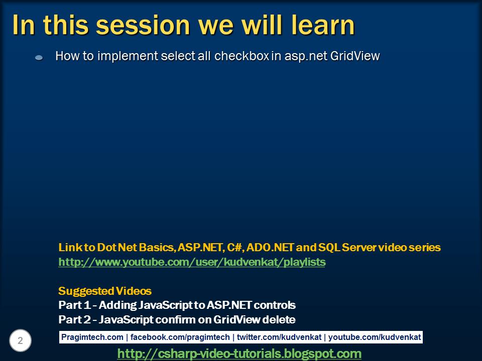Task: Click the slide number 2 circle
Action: tap(20, 340)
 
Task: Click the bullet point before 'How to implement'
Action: tap(39, 57)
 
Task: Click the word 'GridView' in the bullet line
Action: tap(355, 56)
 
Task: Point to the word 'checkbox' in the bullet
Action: tap(242, 56)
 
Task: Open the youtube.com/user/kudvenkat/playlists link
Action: tap(192, 262)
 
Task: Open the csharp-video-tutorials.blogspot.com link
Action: tap(239, 353)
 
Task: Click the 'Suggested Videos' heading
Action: tap(105, 291)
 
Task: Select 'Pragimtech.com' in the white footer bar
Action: tap(92, 337)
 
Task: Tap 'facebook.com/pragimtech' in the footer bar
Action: tap(180, 337)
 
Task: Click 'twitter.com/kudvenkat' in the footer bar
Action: tap(279, 337)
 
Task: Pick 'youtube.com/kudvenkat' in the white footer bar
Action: tap(375, 337)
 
